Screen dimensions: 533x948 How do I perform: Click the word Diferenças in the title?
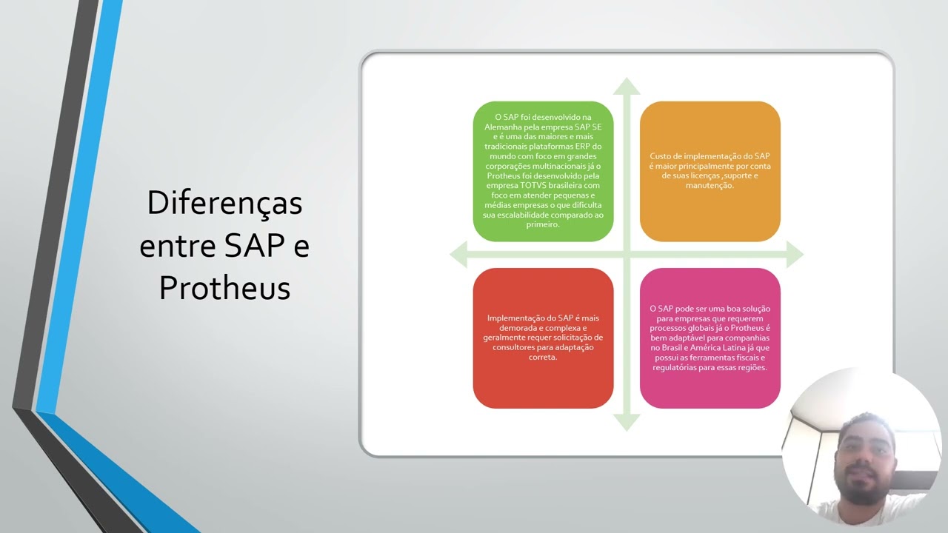pos(224,203)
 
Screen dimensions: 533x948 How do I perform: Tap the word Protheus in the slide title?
pos(224,287)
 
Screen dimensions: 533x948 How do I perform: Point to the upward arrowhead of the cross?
pos(627,85)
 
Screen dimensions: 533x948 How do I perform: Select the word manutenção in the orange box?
pos(710,186)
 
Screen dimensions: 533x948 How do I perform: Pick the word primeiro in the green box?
pos(543,224)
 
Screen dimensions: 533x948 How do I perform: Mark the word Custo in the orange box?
pos(661,156)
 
